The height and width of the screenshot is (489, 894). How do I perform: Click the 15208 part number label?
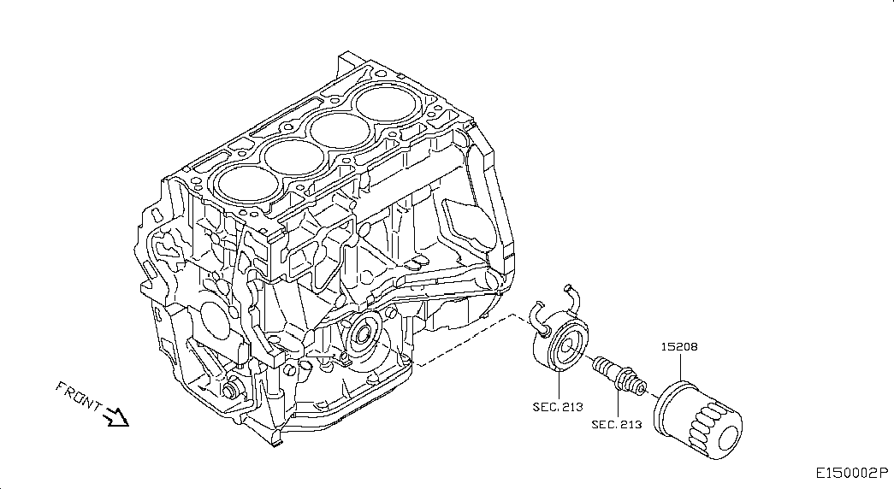(x=678, y=347)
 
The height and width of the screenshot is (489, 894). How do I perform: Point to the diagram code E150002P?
(x=851, y=473)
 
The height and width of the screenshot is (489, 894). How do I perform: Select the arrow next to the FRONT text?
(x=115, y=417)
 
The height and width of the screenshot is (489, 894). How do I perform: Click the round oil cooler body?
(x=560, y=345)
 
